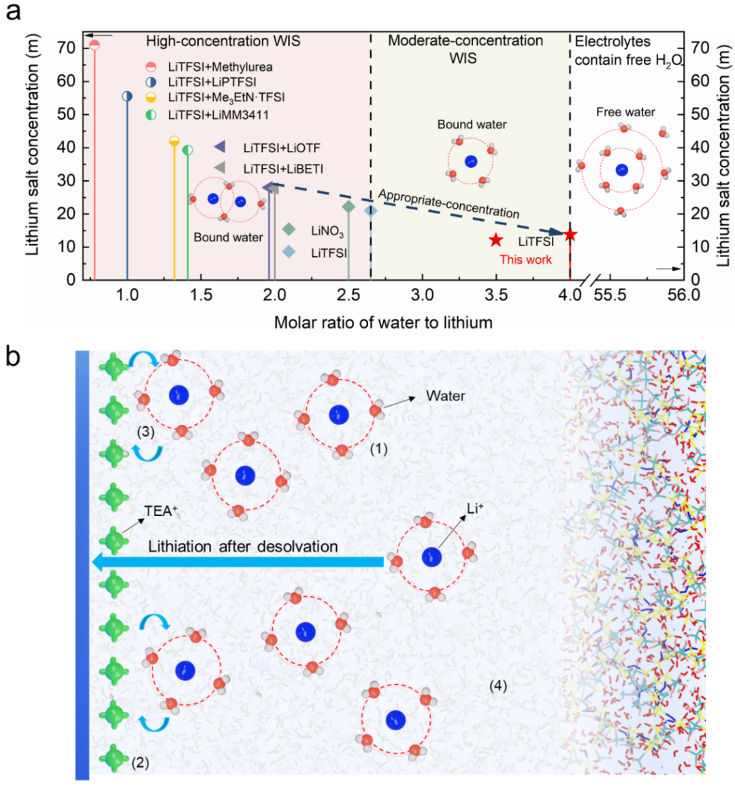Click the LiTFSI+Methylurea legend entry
(x=220, y=67)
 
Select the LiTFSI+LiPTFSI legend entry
(x=212, y=82)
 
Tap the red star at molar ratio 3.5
(x=496, y=240)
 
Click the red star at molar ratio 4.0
(x=570, y=235)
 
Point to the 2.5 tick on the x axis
(x=348, y=294)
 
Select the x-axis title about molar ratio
(x=383, y=322)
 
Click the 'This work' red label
(x=525, y=259)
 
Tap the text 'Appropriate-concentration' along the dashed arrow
(x=448, y=203)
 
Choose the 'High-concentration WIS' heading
(x=223, y=41)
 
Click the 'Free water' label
(x=625, y=112)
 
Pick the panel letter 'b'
(x=14, y=356)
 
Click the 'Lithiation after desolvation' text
(x=243, y=546)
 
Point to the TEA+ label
(x=160, y=511)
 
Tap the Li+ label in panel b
(x=475, y=509)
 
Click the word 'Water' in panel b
(x=446, y=396)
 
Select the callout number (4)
(x=498, y=686)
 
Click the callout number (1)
(x=378, y=449)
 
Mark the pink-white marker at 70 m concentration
(x=95, y=45)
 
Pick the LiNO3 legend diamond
(x=289, y=230)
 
